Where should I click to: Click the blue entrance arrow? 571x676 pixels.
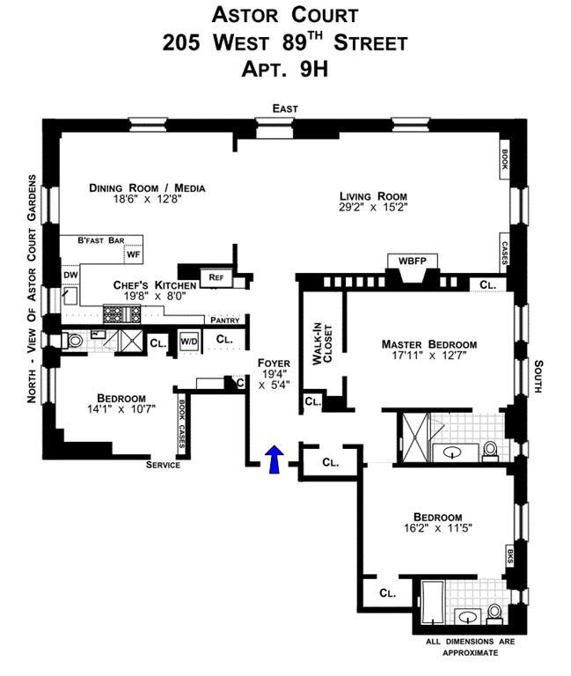275,459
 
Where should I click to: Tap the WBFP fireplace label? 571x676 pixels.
412,261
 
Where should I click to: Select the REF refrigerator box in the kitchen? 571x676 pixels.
216,277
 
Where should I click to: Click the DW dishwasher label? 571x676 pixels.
70,275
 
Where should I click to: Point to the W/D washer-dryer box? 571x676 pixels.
189,342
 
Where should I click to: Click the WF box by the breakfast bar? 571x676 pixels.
133,254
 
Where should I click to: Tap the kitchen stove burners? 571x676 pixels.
121,314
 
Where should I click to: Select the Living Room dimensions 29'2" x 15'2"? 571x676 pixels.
373,207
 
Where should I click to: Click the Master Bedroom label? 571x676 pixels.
429,344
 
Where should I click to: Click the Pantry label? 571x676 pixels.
225,320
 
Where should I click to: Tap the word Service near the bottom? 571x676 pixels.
163,465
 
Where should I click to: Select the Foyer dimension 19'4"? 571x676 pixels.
275,374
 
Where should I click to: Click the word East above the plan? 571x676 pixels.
285,108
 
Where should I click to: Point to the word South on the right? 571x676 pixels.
538,377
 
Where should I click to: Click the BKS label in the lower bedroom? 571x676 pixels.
510,555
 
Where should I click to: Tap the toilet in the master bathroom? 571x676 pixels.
490,451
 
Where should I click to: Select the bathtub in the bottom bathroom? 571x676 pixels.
432,602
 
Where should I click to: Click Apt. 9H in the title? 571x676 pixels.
285,69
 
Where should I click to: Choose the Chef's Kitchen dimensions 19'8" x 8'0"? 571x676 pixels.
155,296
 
